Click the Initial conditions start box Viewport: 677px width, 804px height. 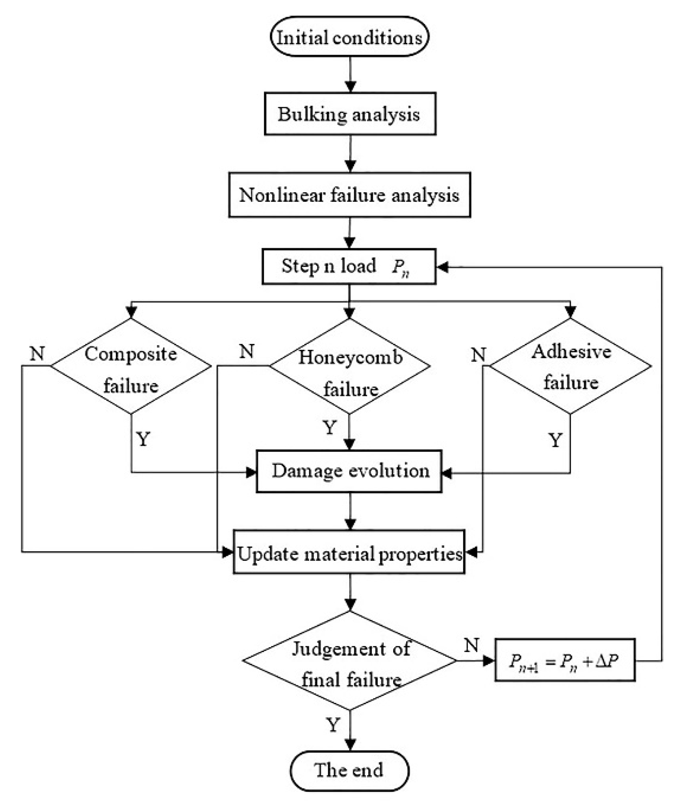click(349, 37)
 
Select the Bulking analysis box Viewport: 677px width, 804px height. click(349, 114)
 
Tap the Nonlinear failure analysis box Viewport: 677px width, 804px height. click(349, 195)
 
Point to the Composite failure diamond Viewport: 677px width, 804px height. click(131, 366)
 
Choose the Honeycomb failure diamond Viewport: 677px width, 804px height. click(350, 366)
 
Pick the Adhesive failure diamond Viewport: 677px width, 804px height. click(570, 366)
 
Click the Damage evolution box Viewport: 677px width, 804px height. click(349, 471)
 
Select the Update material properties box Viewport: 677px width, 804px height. click(349, 552)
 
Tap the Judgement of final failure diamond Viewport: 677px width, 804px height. click(350, 661)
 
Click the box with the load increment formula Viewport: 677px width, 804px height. click(565, 660)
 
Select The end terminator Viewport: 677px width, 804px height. click(349, 771)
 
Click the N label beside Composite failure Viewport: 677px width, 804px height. click(37, 353)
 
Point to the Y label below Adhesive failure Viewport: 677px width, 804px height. click(555, 440)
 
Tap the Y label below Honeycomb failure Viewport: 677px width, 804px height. click(330, 428)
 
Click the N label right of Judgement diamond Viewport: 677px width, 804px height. click(471, 646)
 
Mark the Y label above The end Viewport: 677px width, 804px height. click(333, 725)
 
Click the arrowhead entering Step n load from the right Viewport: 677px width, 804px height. click(442, 267)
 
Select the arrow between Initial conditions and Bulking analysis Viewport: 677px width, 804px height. click(350, 74)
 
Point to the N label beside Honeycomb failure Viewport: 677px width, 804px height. click(247, 351)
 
